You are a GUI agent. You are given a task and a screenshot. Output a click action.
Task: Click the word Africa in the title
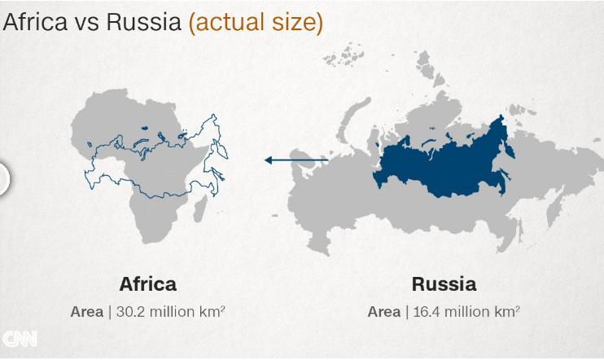tap(34, 22)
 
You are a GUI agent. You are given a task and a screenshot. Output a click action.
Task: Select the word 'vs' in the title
tap(87, 23)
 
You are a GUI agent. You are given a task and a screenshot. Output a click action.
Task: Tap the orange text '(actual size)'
tap(256, 23)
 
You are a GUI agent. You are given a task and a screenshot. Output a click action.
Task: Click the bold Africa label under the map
tap(147, 284)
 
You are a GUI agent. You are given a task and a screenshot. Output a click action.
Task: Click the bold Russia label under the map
tap(444, 284)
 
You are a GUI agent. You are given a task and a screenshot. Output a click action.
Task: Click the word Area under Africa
tap(86, 311)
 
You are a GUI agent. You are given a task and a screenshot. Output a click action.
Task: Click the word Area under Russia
tap(383, 311)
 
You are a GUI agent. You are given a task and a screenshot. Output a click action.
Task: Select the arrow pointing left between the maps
tap(295, 160)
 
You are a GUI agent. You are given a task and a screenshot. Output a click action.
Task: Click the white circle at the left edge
tap(2, 178)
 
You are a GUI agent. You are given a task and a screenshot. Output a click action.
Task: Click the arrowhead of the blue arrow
tap(268, 160)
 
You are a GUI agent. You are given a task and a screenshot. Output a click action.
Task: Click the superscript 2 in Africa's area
tap(222, 307)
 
